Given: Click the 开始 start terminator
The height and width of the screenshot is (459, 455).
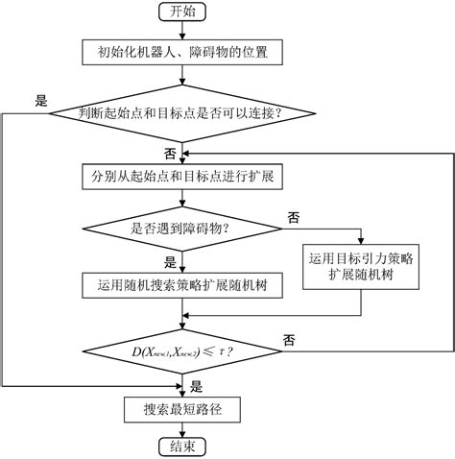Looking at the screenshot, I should [181, 12].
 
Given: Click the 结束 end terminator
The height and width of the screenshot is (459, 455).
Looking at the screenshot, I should [181, 447].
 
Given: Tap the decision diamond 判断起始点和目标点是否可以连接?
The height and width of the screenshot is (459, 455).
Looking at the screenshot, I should [181, 113].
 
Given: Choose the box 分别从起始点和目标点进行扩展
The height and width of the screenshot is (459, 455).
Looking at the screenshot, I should [181, 177].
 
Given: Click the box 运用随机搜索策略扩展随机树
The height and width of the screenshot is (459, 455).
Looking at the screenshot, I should [181, 285].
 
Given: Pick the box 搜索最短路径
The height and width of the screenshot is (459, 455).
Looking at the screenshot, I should [181, 410].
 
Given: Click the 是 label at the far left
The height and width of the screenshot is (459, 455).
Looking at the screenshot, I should [40, 99].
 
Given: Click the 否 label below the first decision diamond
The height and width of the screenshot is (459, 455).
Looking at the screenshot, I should [170, 153].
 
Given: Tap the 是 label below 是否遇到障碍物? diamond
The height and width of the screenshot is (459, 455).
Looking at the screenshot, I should [170, 261].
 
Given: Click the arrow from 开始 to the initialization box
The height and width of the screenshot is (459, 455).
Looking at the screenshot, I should [181, 30].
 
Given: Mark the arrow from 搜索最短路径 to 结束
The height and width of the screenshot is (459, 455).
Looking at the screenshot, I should [181, 429].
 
